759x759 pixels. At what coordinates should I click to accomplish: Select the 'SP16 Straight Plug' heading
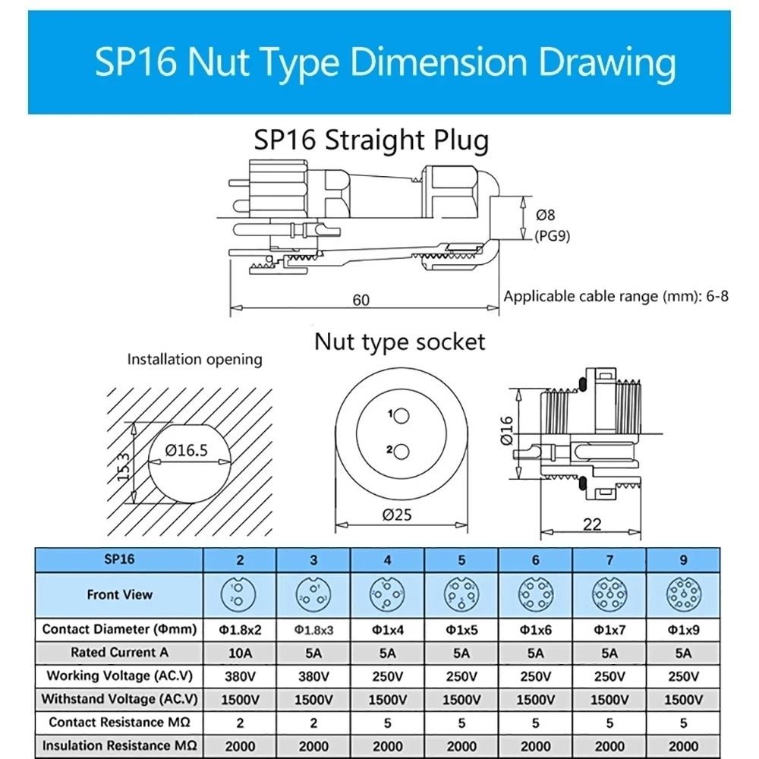click(x=371, y=140)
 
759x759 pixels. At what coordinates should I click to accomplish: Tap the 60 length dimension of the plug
click(x=361, y=300)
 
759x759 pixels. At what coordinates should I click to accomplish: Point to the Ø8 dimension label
click(x=546, y=215)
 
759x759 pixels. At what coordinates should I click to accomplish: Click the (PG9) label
click(x=552, y=235)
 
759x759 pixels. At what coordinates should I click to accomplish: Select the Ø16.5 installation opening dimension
click(x=187, y=451)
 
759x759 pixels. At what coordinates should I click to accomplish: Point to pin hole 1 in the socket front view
click(x=402, y=415)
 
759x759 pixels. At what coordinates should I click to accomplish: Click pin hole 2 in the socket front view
click(x=402, y=451)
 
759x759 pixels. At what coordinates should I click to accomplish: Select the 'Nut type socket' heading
click(x=399, y=342)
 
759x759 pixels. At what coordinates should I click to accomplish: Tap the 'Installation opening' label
click(x=194, y=359)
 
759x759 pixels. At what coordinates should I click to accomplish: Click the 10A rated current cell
click(x=240, y=652)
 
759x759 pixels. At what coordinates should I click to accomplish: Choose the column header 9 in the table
click(x=683, y=560)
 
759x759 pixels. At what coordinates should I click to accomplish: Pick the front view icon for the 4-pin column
click(x=388, y=594)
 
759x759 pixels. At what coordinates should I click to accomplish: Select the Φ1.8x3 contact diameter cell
click(x=313, y=629)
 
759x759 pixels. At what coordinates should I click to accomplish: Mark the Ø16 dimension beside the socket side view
click(x=508, y=430)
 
